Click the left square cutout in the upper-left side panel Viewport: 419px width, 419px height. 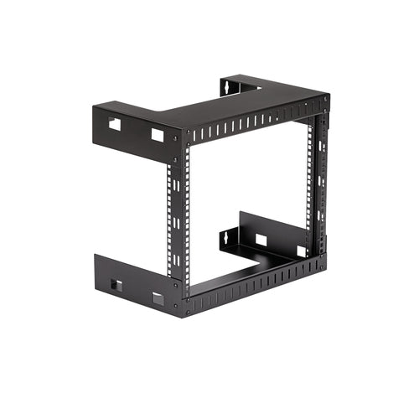pos(115,124)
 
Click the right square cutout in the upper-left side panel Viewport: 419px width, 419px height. pos(157,133)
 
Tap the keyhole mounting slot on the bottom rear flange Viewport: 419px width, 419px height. pos(226,237)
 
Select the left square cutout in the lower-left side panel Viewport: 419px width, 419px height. pos(116,286)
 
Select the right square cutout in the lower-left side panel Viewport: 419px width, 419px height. pos(157,298)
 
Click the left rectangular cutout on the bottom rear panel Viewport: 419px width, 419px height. pos(261,240)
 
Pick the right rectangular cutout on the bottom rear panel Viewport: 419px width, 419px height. pos(302,251)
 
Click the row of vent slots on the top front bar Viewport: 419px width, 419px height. pos(251,123)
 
